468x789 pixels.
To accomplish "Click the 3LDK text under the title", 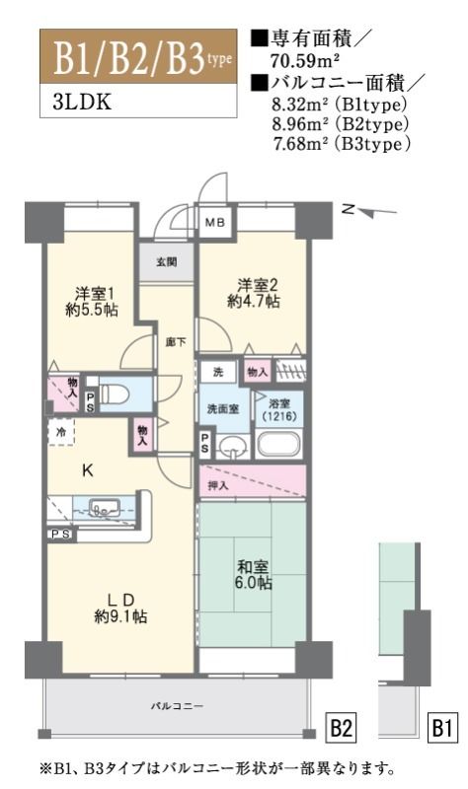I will pyautogui.click(x=68, y=103).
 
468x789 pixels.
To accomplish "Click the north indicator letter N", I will pyautogui.click(x=348, y=208).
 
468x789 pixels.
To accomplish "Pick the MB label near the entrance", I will pyautogui.click(x=214, y=225).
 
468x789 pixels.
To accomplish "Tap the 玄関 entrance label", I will pyautogui.click(x=167, y=261).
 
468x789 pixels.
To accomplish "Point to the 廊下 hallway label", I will pyautogui.click(x=173, y=341).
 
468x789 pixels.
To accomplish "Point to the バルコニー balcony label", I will pyautogui.click(x=178, y=706).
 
